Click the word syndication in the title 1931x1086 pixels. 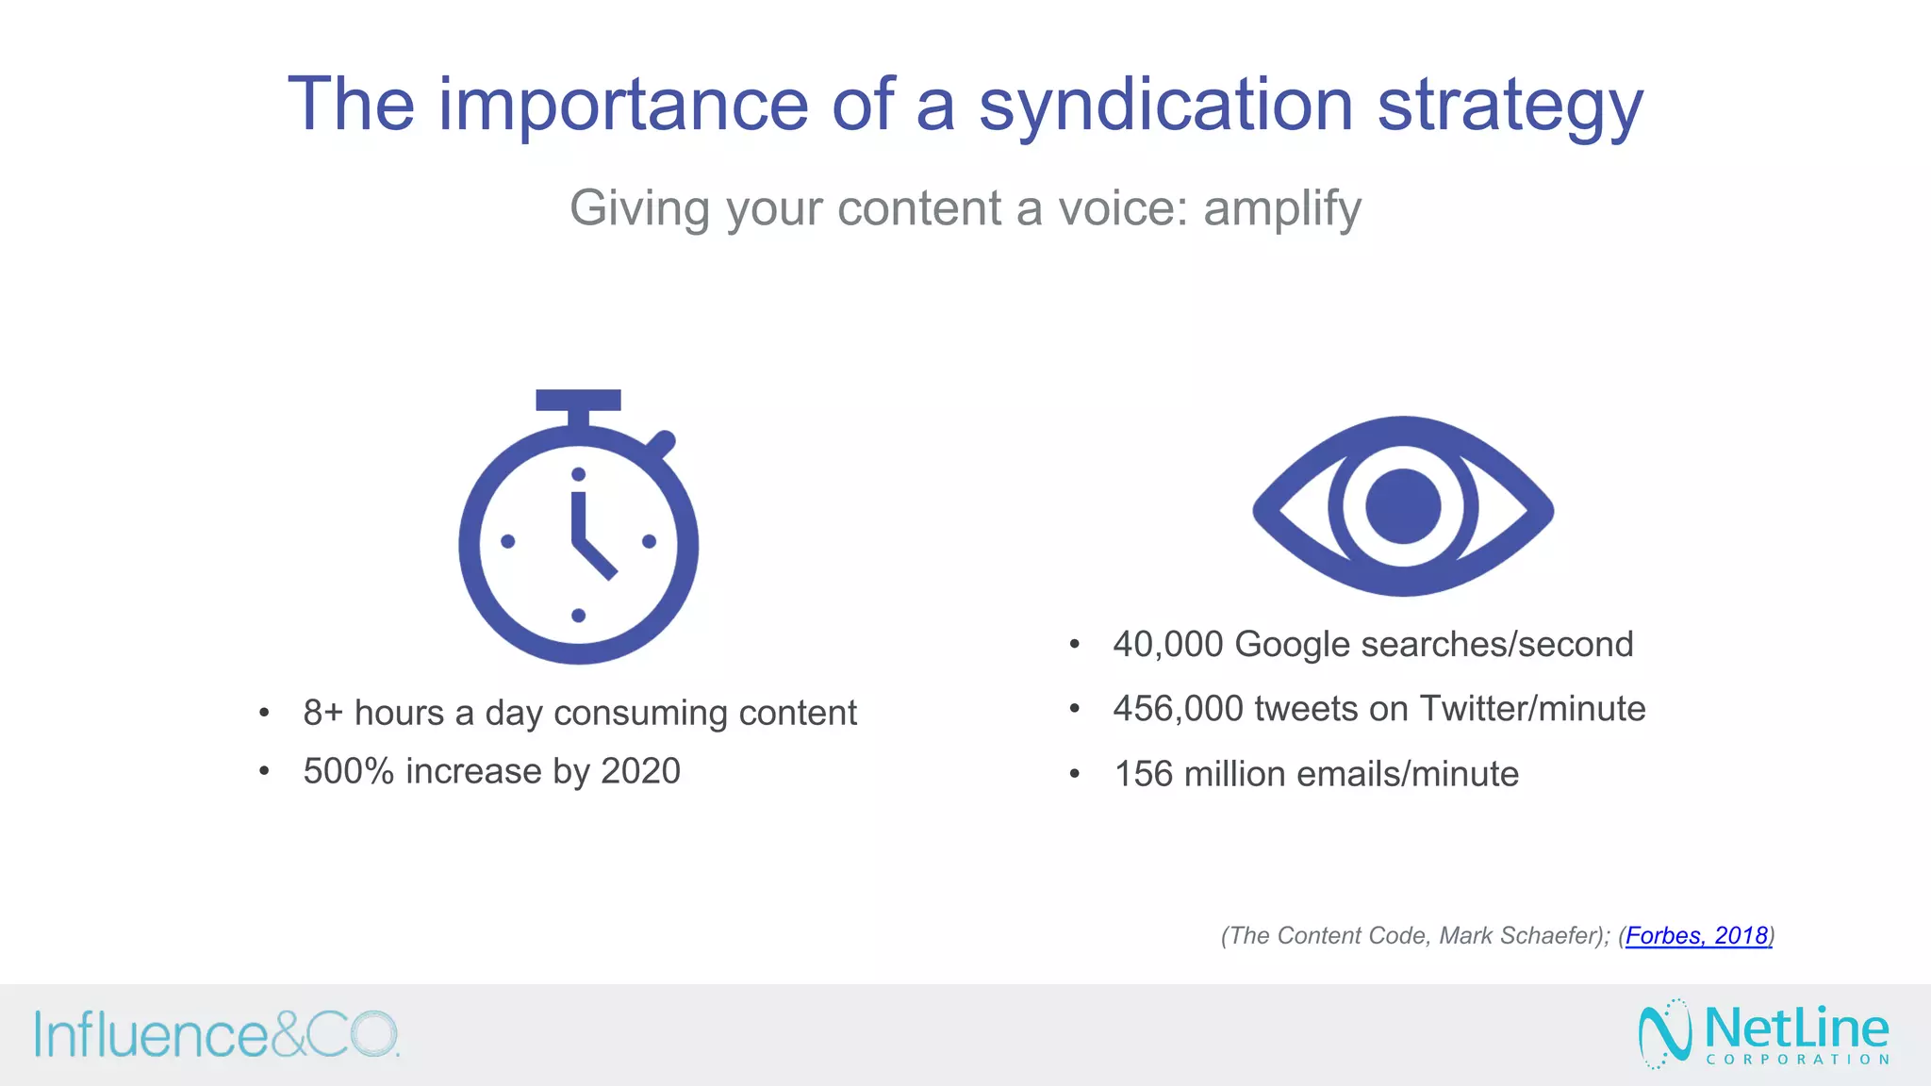(1165, 106)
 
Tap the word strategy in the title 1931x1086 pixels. (1510, 106)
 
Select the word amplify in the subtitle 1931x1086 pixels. (1282, 208)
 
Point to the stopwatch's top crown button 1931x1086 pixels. (578, 400)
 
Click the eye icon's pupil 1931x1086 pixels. (1403, 506)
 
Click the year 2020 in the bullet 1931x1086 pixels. (640, 772)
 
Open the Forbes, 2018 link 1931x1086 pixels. (1696, 936)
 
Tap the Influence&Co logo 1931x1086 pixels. (217, 1035)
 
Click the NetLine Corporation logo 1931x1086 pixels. (1764, 1033)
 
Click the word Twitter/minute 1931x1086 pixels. (1532, 709)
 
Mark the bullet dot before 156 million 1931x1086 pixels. (1074, 775)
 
